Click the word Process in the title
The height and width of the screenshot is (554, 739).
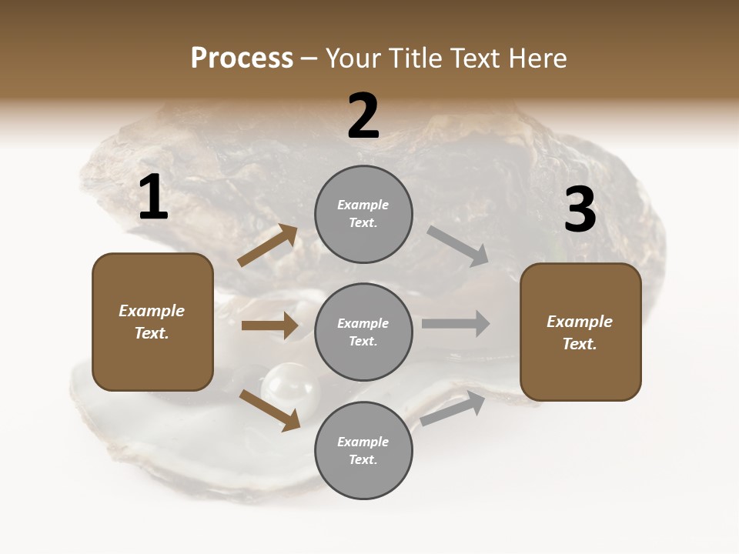coord(242,58)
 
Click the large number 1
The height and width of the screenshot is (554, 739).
coord(153,198)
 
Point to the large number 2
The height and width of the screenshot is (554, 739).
coord(363,116)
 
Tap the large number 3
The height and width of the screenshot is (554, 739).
coord(580,210)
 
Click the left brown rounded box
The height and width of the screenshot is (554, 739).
coord(152,322)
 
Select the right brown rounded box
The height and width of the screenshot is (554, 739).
coord(580,332)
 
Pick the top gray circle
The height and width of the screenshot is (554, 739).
coord(363,214)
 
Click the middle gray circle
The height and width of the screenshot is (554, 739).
coord(363,332)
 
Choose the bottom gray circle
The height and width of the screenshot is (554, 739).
coord(363,450)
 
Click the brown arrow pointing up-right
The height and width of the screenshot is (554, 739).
coord(267,245)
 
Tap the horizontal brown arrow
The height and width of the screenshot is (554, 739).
coord(269,325)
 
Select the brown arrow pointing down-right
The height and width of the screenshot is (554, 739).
coord(269,410)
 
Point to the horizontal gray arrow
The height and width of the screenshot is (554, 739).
coord(456,323)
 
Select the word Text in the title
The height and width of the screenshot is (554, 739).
coord(473,58)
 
